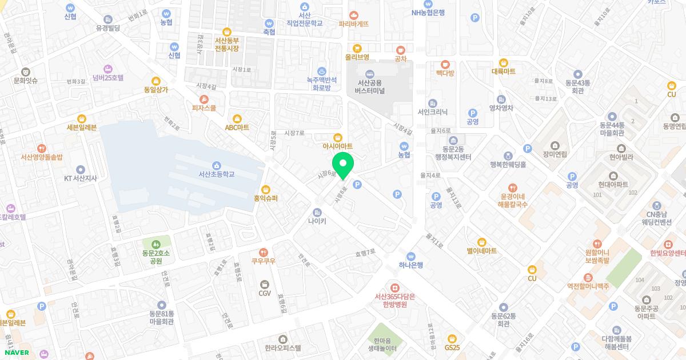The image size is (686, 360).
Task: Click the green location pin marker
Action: [x=343, y=165]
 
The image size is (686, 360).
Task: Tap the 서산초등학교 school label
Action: [x=217, y=174]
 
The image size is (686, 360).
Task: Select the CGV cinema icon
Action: [x=264, y=284]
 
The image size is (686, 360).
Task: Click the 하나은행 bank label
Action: [x=410, y=265]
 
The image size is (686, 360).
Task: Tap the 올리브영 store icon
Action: [x=357, y=49]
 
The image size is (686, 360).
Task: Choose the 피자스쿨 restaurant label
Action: [x=204, y=107]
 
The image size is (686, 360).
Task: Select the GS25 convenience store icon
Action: [x=452, y=338]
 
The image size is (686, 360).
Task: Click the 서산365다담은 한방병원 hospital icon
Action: [x=394, y=287]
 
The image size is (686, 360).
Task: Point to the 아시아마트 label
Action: [x=338, y=146]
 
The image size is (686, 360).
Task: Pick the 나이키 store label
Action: [x=317, y=221]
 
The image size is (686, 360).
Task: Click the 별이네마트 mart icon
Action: [x=481, y=242]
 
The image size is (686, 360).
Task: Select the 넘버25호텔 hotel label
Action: [x=107, y=78]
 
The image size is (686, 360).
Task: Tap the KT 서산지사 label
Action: [x=80, y=178]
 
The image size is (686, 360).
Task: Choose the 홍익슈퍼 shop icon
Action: [x=265, y=189]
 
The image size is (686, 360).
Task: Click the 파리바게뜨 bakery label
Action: [x=353, y=24]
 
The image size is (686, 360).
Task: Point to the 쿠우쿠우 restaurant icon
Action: [x=264, y=252]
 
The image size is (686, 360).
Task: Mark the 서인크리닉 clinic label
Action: [x=432, y=112]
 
